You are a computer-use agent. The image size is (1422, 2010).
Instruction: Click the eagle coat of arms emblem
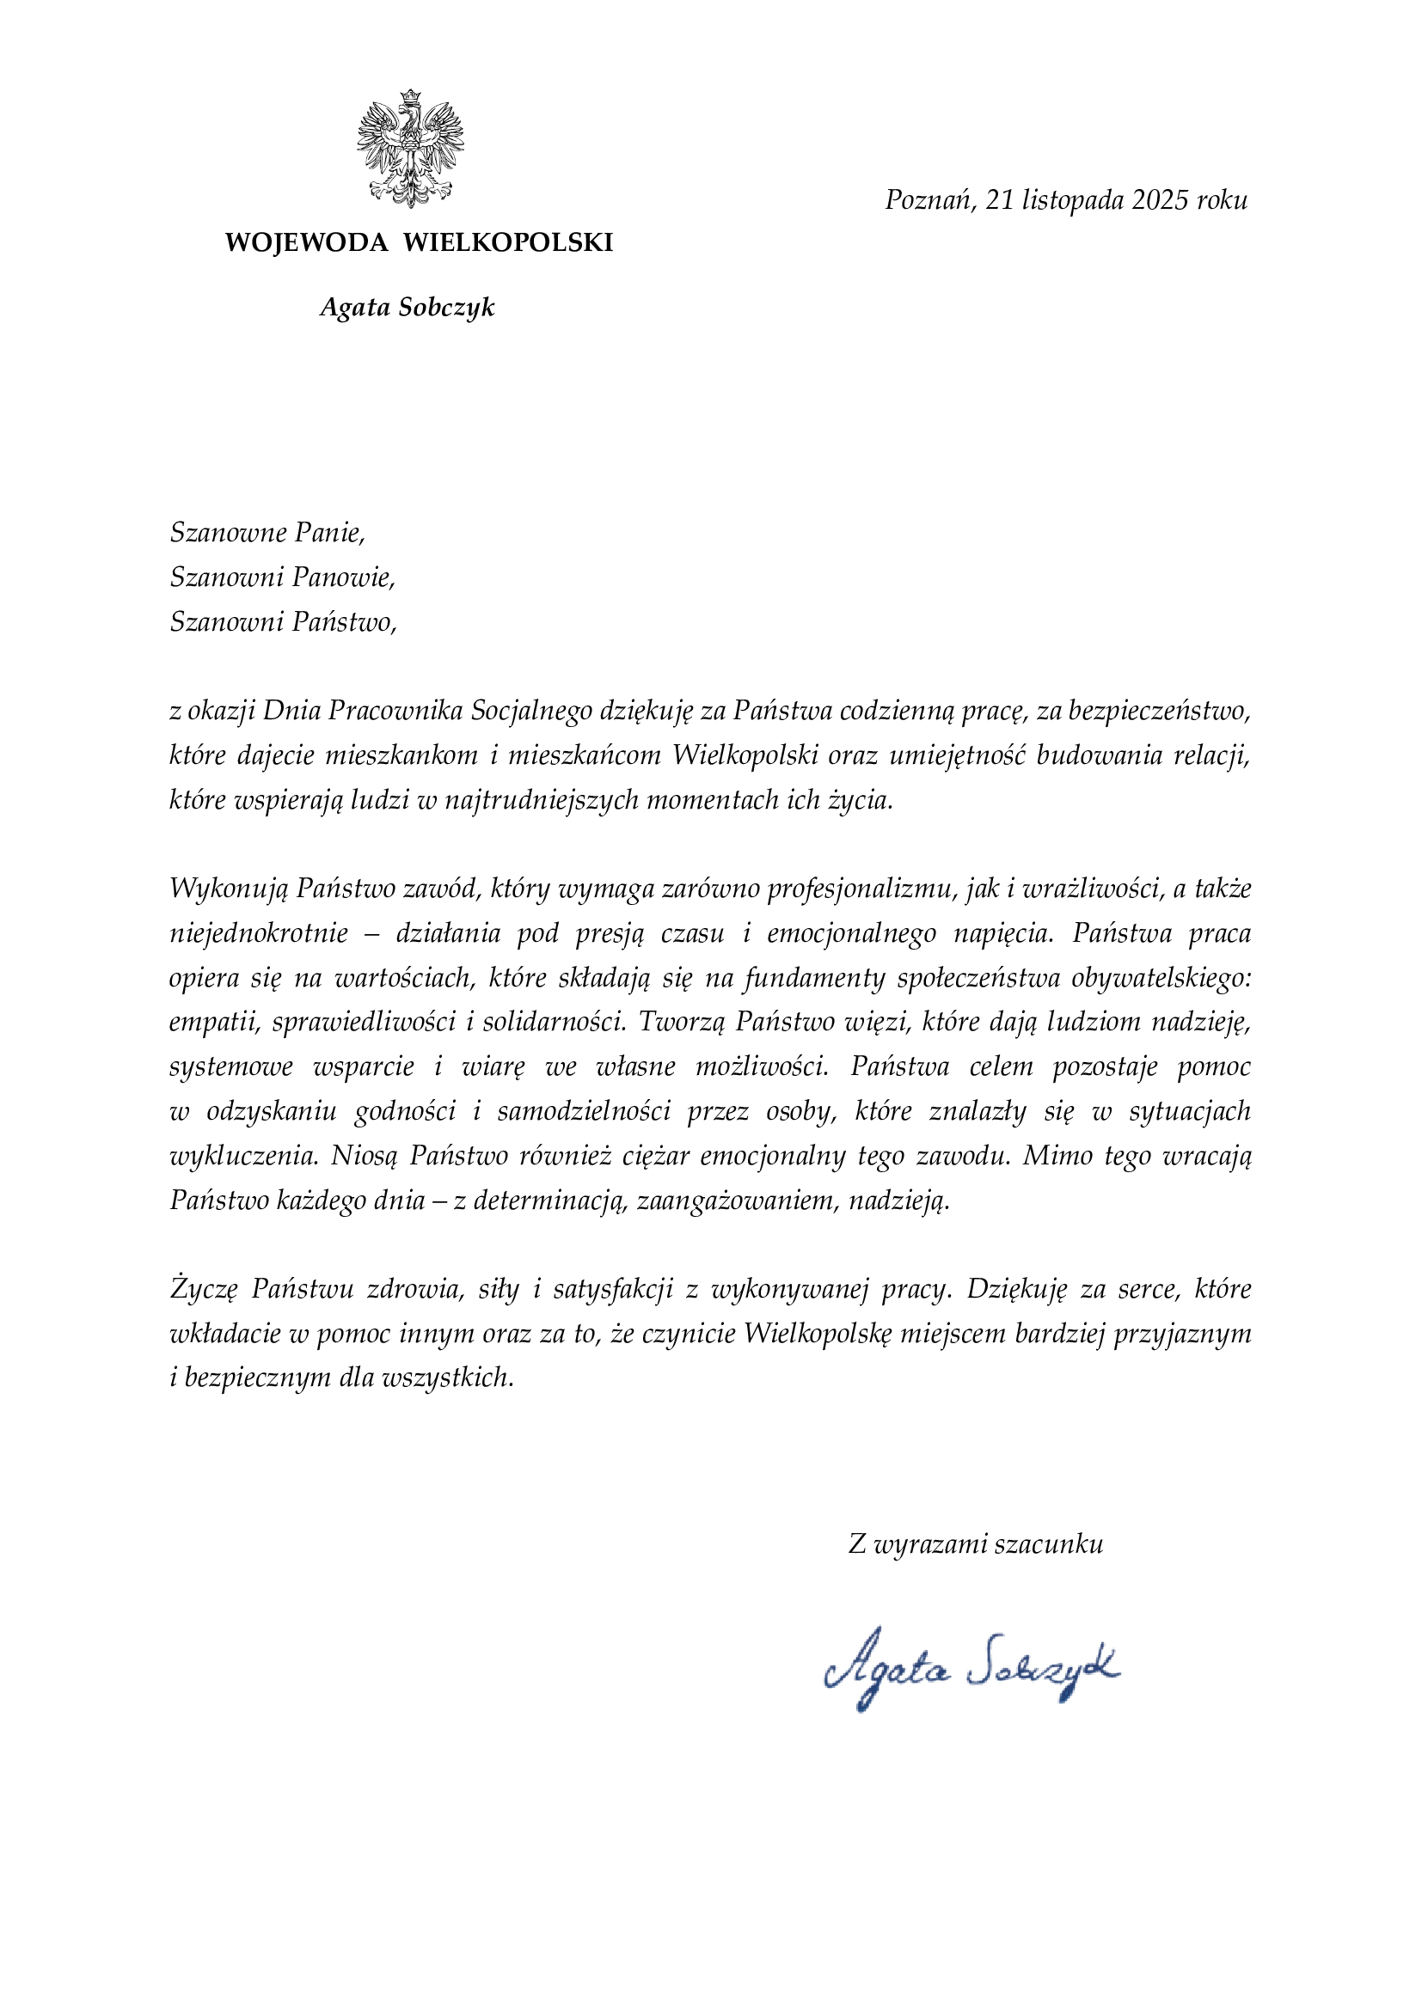410,149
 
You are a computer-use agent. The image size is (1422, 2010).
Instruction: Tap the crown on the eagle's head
410,97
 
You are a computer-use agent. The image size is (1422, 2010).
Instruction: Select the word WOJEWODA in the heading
306,242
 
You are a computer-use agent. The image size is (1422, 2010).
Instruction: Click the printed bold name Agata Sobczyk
408,308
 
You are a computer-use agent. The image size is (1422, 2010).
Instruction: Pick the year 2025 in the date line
1160,200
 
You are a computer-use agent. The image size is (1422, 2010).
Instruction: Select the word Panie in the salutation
329,532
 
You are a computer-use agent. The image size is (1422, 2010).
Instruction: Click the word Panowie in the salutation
343,577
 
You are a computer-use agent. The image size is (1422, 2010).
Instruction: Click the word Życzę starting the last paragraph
203,1290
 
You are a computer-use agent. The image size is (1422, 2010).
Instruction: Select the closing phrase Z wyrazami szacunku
976,1543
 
